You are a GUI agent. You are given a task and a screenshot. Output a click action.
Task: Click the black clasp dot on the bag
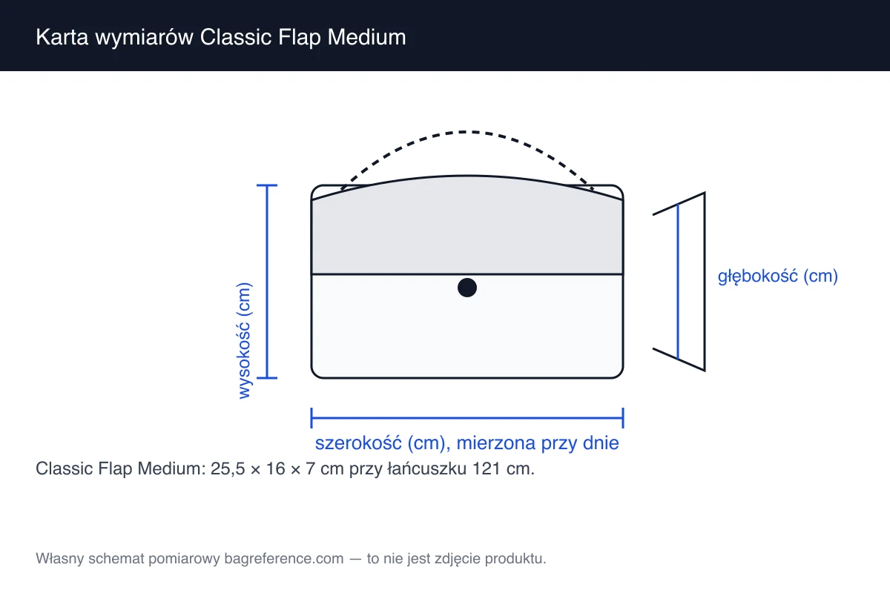click(467, 288)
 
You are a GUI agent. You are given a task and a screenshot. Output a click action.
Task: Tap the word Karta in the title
click(62, 37)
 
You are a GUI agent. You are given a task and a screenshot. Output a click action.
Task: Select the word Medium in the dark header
click(366, 37)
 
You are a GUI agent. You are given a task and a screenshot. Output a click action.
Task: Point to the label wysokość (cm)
click(244, 341)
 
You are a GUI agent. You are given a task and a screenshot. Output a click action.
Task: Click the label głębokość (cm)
click(777, 276)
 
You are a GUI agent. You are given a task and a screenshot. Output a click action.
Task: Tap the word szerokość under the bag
click(358, 443)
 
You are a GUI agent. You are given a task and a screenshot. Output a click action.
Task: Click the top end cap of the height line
click(266, 185)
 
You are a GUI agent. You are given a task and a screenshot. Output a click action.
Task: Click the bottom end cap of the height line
click(266, 378)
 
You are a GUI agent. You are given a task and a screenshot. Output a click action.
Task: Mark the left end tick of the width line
click(311, 418)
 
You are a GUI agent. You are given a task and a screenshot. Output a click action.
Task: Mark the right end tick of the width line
click(623, 418)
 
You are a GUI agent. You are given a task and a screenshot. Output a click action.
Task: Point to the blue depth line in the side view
click(678, 282)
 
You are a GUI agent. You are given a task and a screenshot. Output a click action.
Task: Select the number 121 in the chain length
click(486, 469)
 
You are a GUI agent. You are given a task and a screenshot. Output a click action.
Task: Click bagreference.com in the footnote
click(283, 558)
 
